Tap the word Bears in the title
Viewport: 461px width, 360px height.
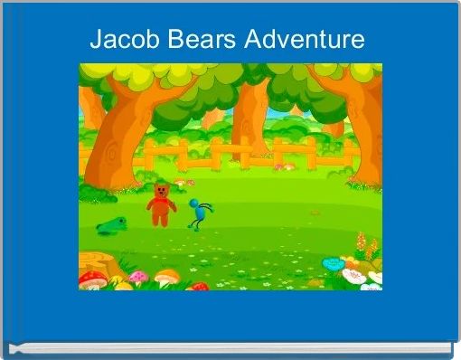(197, 40)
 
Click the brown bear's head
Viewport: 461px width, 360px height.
(161, 191)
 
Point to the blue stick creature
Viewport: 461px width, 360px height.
(200, 213)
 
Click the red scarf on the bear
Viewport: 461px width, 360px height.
(161, 200)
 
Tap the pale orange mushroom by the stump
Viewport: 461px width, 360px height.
(165, 277)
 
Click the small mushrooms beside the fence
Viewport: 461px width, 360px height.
(283, 166)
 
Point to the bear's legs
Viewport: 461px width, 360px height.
(161, 218)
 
